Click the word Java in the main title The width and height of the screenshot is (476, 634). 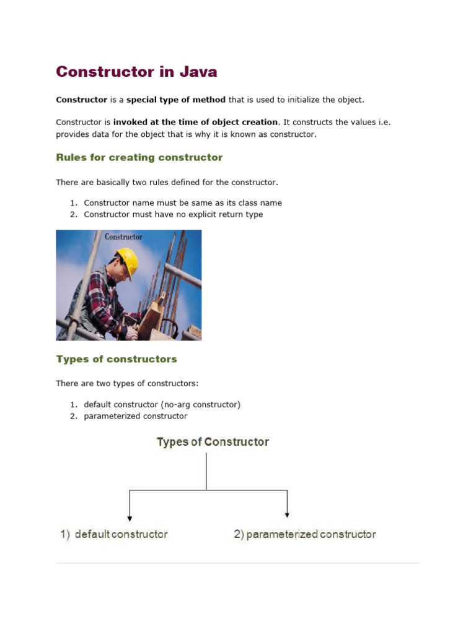[x=198, y=72]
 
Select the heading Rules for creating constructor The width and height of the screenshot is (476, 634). [x=139, y=157]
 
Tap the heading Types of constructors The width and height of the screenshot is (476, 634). [x=117, y=359]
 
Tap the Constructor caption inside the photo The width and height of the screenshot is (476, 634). [x=123, y=237]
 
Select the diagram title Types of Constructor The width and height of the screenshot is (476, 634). [x=213, y=442]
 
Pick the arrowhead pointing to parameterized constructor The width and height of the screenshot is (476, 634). [x=287, y=513]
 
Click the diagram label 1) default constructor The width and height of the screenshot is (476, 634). [x=114, y=534]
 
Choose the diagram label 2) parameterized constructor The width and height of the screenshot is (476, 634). [x=304, y=534]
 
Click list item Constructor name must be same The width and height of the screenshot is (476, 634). [x=183, y=202]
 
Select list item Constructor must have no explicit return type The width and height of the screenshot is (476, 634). [x=174, y=214]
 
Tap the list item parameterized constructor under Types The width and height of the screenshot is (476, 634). [x=135, y=416]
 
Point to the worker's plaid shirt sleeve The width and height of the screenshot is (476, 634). [x=99, y=297]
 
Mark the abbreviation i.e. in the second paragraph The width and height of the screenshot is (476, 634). [x=383, y=122]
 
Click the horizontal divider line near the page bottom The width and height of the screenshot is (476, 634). [x=238, y=563]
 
